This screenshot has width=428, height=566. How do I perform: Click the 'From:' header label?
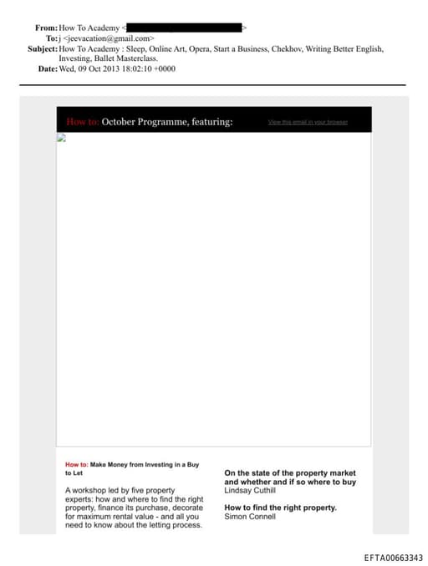(x=46, y=28)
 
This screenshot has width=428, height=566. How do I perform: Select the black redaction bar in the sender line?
(x=184, y=28)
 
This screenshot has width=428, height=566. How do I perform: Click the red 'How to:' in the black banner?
(x=82, y=122)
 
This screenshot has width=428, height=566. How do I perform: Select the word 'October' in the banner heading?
(x=121, y=122)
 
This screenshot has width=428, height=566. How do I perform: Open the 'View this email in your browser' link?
(x=307, y=122)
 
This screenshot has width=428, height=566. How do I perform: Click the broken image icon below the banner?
(x=61, y=139)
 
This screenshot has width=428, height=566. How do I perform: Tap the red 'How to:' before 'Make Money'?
(x=76, y=463)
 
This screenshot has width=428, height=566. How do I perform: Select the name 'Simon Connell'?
(x=250, y=517)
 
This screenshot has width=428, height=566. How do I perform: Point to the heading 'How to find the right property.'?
(x=280, y=508)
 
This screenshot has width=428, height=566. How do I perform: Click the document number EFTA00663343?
(x=393, y=558)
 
